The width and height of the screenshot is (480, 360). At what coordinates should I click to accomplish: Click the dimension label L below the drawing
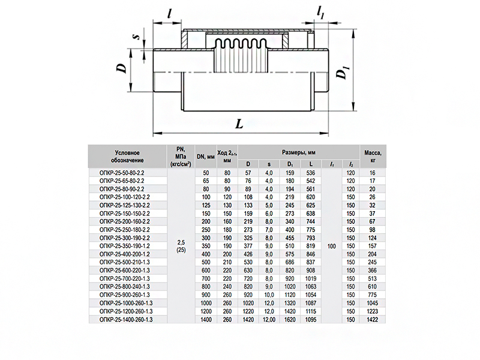click(239, 124)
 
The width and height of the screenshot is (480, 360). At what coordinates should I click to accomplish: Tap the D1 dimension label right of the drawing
click(341, 74)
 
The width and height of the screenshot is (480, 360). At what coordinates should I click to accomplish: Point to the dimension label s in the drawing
click(137, 37)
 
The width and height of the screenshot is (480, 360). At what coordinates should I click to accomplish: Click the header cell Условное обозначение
click(128, 157)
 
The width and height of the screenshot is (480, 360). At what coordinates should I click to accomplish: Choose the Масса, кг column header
click(373, 156)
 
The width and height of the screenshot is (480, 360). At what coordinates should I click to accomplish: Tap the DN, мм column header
click(206, 157)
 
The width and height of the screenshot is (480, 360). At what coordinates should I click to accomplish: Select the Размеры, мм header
click(298, 152)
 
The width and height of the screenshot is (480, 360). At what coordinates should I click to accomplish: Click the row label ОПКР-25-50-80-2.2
click(122, 173)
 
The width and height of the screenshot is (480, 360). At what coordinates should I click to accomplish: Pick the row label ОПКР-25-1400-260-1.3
click(126, 320)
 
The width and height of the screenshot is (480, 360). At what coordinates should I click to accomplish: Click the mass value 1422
click(372, 320)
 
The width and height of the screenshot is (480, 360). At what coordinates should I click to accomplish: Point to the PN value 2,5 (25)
click(181, 246)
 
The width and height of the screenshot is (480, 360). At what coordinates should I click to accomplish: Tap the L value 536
click(310, 173)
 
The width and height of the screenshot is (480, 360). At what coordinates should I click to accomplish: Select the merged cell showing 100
click(332, 246)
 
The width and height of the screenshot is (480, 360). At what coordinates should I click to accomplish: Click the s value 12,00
click(269, 320)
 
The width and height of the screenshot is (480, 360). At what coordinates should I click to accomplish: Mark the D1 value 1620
click(290, 320)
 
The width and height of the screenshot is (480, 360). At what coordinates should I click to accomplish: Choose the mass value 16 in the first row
click(372, 173)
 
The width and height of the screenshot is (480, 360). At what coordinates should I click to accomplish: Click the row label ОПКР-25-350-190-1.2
click(125, 246)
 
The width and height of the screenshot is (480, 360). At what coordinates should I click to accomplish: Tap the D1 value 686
click(290, 262)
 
